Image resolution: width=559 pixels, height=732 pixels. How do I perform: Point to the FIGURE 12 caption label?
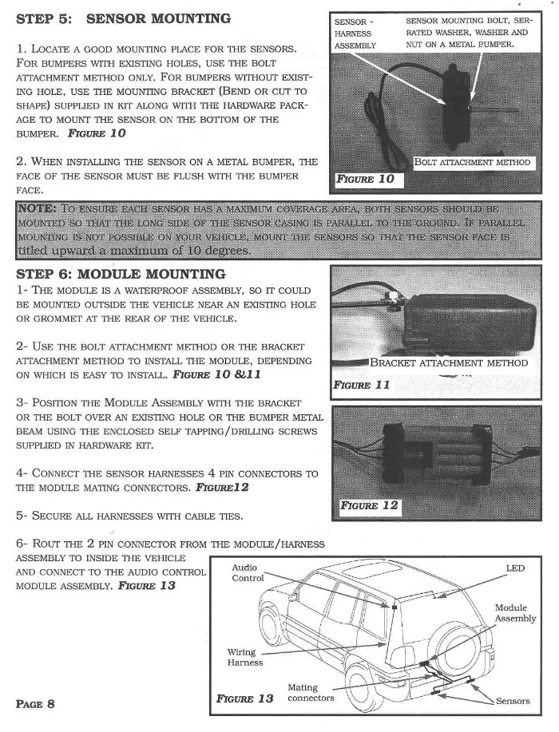click(x=369, y=506)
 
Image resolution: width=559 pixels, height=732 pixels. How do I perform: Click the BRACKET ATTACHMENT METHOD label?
click(x=449, y=363)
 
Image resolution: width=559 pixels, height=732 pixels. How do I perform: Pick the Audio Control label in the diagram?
click(x=248, y=572)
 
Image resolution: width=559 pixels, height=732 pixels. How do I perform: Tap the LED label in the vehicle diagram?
click(x=516, y=568)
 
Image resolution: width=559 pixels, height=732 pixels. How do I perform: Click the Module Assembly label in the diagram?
click(x=516, y=613)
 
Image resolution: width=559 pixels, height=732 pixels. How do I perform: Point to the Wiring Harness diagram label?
click(x=244, y=656)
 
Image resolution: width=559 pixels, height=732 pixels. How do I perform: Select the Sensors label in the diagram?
click(x=513, y=701)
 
